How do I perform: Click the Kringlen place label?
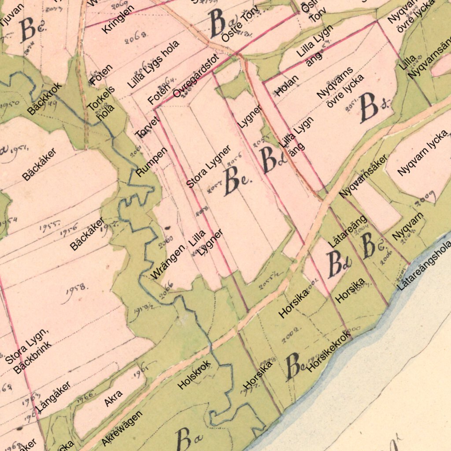pos(118,19)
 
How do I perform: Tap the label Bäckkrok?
pos(44,99)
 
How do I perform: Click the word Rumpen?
pos(152,162)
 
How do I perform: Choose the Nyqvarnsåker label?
pos(363,176)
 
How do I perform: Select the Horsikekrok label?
pos(329,351)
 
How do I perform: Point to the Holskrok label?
pos(194,375)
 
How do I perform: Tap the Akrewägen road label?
pos(122,428)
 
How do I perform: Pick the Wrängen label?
pos(168,263)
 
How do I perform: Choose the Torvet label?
pos(147,127)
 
